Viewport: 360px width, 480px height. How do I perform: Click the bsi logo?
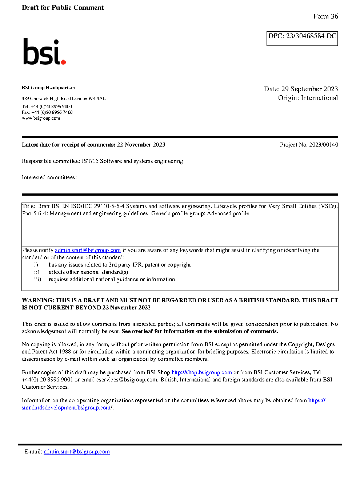44,52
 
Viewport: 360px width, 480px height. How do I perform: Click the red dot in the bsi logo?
64,62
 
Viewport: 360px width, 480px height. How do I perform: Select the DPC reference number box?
302,38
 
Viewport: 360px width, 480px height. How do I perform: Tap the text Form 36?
325,16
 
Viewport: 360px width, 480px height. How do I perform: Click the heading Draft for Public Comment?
63,8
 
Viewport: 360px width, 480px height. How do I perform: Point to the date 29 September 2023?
309,89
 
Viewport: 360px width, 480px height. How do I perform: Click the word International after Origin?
319,98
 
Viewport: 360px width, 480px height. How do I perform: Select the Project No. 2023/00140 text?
309,145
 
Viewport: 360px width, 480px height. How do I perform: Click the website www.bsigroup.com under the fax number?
41,118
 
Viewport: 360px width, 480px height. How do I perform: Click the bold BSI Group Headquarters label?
48,88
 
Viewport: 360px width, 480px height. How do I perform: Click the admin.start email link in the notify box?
88,250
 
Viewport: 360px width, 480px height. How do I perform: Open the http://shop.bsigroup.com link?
201,372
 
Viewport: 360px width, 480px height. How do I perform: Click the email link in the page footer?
77,452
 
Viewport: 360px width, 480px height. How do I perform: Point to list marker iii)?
37,279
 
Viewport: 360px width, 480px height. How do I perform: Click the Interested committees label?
49,177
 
